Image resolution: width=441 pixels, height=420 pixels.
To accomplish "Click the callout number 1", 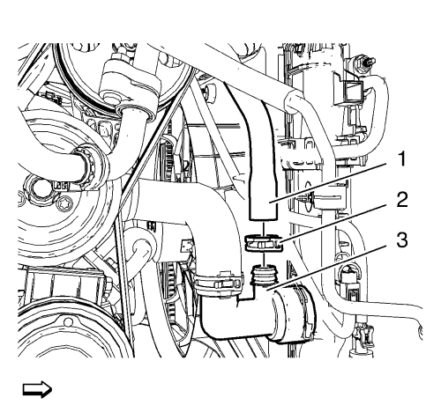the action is coord(400,158).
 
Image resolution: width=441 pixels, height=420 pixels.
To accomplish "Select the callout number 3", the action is coord(401,239).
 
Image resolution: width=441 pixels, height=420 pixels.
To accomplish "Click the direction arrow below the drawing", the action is coord(37,389).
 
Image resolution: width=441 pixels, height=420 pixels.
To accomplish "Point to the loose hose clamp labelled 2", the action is coord(264,242).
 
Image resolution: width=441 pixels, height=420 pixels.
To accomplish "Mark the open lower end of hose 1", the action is coord(263,217).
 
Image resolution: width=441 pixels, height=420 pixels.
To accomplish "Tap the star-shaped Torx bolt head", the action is coord(63,205).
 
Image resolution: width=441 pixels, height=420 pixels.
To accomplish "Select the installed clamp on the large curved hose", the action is coord(218,283).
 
